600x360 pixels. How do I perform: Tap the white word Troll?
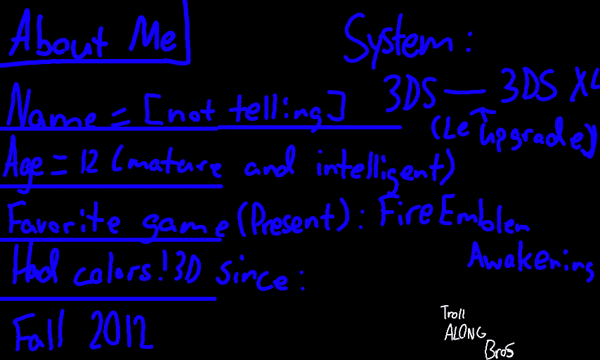click(x=453, y=313)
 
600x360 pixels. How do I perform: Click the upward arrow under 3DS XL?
click(x=485, y=117)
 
